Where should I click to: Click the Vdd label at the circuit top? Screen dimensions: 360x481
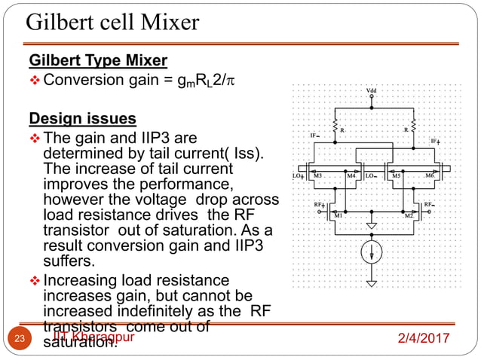click(x=371, y=90)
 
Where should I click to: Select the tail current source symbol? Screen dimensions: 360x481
click(x=371, y=250)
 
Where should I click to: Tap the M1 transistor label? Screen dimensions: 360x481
click(x=339, y=217)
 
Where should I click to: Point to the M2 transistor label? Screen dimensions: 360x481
click(x=409, y=217)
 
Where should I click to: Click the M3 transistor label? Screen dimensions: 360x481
click(x=317, y=176)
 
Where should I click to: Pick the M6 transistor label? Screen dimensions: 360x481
click(x=429, y=176)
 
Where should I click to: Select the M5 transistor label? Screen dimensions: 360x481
click(x=397, y=176)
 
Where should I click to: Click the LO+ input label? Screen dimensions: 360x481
click(x=299, y=176)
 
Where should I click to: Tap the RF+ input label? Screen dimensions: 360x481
click(x=320, y=204)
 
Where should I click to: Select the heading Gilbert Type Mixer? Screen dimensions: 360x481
click(x=98, y=59)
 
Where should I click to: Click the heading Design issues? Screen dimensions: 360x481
click(x=82, y=119)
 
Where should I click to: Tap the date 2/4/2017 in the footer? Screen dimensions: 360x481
click(x=427, y=338)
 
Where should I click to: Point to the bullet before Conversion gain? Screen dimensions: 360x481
click(x=34, y=79)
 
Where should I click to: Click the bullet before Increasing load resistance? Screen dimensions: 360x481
click(x=34, y=281)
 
